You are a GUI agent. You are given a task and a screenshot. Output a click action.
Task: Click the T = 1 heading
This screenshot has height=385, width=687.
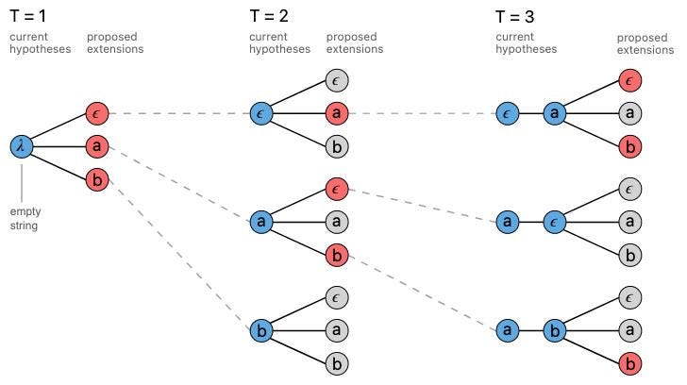28,15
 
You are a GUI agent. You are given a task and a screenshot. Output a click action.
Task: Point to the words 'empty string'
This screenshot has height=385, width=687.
24,220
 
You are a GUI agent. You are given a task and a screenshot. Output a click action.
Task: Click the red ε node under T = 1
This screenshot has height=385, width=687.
95,114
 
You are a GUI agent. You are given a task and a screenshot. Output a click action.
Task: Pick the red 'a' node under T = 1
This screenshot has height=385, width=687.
95,146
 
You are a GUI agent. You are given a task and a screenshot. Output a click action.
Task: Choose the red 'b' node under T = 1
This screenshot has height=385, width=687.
95,178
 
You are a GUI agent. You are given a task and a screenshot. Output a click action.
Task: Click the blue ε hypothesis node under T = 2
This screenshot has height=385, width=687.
261,114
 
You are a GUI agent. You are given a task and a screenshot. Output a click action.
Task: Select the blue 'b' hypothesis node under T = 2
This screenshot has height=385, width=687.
261,331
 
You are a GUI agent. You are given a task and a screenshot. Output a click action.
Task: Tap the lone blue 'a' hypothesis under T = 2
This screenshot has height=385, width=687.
261,223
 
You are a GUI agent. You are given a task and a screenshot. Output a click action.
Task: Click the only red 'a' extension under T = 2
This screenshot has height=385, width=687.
336,114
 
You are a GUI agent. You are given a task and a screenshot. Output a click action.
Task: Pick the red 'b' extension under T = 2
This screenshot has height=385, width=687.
336,255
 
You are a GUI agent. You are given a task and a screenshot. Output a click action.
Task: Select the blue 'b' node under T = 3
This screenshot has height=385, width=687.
556,331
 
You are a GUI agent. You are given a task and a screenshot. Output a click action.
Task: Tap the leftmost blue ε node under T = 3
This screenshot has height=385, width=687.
508,114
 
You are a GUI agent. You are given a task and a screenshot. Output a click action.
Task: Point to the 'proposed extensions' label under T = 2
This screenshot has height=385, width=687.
351,43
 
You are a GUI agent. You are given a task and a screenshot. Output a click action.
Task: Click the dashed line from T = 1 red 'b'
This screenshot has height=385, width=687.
179,255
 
